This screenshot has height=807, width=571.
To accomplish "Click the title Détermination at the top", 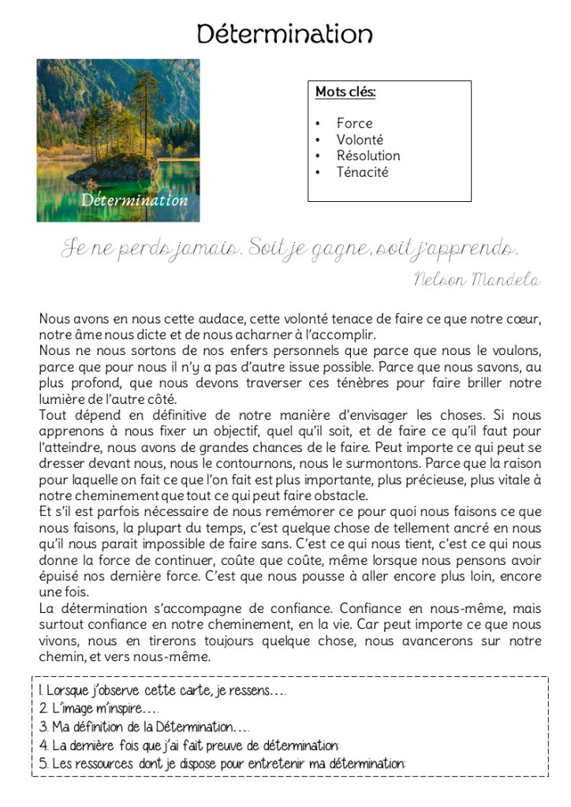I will point(285,34).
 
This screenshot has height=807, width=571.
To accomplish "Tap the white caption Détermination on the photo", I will point(134,200).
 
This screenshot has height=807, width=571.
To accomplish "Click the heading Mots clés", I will point(345,92).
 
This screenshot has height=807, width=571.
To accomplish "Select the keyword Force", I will point(354,123).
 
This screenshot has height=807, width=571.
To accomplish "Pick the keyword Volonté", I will point(360,140).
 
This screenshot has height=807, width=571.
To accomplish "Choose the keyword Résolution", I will point(368,155).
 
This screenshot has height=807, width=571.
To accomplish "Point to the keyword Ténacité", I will point(362,172).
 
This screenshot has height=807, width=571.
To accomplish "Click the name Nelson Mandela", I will point(476,279).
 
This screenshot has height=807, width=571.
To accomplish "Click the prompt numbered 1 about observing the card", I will point(162,692).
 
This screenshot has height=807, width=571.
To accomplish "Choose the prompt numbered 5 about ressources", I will point(221,763).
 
